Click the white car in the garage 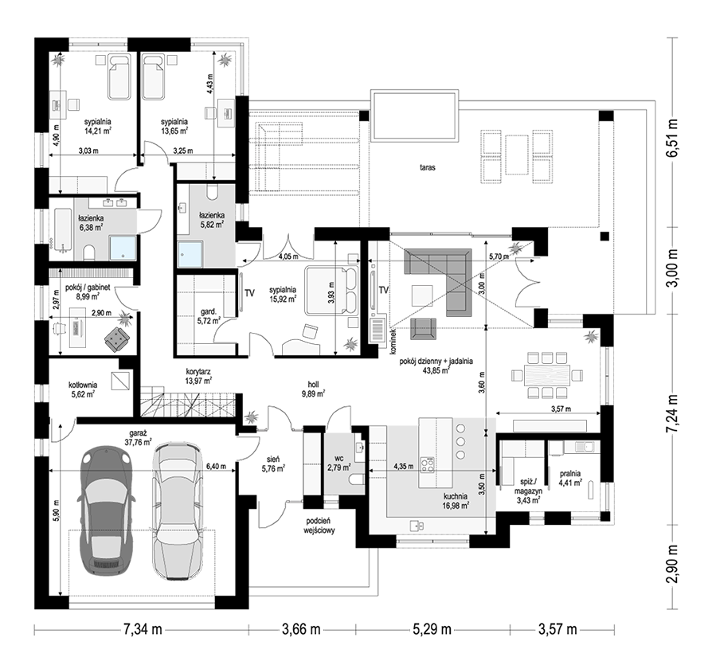176,511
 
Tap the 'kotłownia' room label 83,385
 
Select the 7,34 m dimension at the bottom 142,629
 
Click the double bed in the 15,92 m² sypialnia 332,291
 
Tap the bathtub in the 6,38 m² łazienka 63,229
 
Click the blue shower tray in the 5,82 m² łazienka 190,253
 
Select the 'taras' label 428,167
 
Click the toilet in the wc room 357,479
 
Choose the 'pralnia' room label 570,473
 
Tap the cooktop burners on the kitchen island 427,464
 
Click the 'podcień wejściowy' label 319,526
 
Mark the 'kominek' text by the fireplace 393,342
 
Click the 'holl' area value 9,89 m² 312,393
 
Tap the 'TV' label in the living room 384,290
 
